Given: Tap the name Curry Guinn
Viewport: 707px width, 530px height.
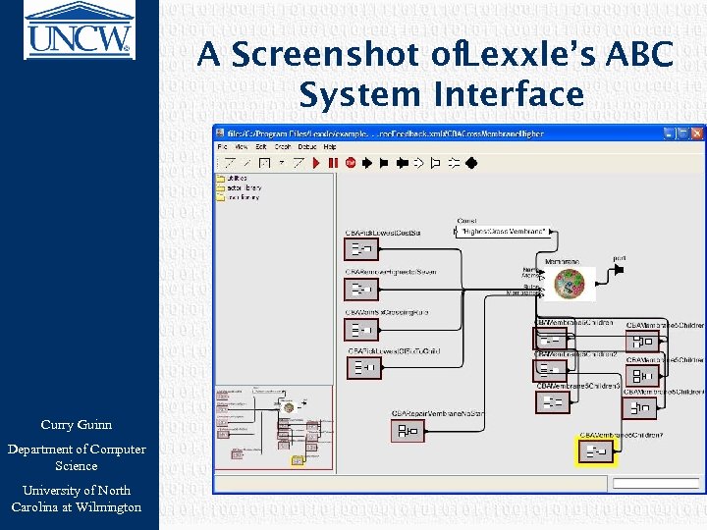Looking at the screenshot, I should pos(76,425).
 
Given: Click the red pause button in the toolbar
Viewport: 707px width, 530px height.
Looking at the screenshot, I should pos(333,163).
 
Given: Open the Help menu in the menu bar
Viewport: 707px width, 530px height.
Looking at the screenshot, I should pos(330,146).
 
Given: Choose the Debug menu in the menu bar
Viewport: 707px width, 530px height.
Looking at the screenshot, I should pos(307,146).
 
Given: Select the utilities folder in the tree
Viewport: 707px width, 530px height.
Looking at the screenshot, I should pos(237,179).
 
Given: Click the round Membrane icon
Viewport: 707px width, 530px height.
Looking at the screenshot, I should pos(569,284).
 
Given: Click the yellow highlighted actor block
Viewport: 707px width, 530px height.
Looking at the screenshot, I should pos(594,450).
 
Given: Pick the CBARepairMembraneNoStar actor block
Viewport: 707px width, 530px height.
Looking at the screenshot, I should pos(407,431).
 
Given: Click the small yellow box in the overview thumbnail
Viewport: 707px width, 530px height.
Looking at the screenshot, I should pos(297,459).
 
